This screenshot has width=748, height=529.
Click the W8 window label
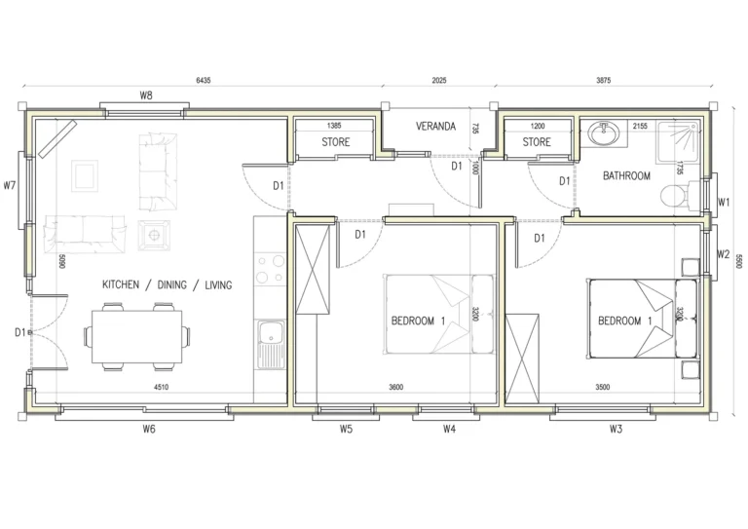(x=146, y=95)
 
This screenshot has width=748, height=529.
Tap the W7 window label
(x=11, y=184)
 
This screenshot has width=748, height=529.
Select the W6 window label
(x=149, y=429)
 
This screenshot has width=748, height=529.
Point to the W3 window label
(x=615, y=429)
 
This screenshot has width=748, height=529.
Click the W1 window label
(x=724, y=203)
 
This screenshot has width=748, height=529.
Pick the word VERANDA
(x=436, y=127)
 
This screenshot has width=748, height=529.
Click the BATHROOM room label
(x=626, y=176)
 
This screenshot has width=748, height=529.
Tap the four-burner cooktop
(x=269, y=270)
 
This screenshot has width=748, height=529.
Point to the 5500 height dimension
(x=738, y=261)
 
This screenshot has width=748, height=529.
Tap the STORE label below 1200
(x=537, y=142)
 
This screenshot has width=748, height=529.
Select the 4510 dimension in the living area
(x=162, y=389)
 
